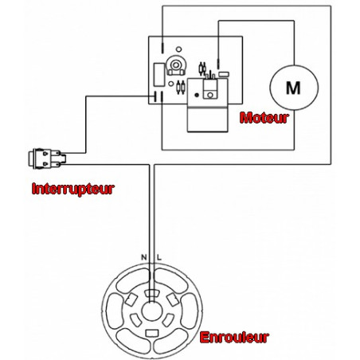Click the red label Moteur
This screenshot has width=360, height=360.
[x=264, y=118]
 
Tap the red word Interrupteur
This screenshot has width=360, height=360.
[x=73, y=189]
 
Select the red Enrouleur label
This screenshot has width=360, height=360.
[x=234, y=338]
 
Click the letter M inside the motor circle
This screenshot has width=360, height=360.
[x=293, y=88]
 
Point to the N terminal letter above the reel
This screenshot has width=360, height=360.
[x=143, y=257]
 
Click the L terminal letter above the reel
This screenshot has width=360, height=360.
[x=159, y=257]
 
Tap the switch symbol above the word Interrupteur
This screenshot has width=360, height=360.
[x=47, y=158]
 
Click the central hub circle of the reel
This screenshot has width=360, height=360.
[x=152, y=311]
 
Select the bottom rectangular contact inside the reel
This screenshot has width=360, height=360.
[x=152, y=333]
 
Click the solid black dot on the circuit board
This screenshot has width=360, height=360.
[x=197, y=95]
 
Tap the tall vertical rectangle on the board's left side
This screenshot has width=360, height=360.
[x=159, y=75]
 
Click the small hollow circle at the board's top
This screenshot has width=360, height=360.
[x=179, y=49]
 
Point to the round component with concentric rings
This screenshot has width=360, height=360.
[x=175, y=65]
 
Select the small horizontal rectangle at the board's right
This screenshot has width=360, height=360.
[x=224, y=74]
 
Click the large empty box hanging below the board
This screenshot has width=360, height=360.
[x=207, y=119]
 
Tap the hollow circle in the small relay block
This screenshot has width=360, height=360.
[x=210, y=95]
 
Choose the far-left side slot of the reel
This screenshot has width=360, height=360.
[x=115, y=311]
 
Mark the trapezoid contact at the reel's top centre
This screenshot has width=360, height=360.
[x=152, y=293]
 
